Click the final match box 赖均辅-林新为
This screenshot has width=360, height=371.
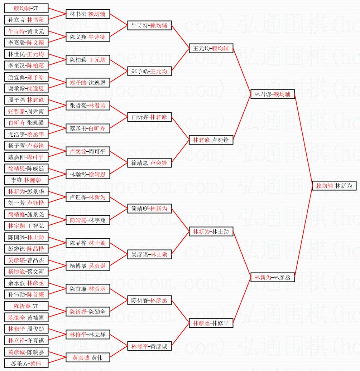coord(334,186)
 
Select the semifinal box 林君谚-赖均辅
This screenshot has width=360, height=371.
coord(273,94)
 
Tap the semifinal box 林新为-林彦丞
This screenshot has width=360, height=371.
coord(273,277)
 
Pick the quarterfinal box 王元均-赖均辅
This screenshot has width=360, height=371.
coord(211,48)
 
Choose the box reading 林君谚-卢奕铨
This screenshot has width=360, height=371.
coord(211,140)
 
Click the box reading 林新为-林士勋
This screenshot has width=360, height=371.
coord(211,231)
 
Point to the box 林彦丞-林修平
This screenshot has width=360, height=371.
coord(211,323)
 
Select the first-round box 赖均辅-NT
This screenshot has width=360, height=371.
coord(26,8)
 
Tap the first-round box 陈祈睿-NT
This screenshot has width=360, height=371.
coord(26,306)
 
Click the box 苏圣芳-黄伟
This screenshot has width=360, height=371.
coord(26,363)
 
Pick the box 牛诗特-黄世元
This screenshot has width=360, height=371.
coord(26,31)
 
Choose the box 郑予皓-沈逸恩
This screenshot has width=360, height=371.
coord(88,83)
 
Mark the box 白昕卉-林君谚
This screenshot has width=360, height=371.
coord(149,117)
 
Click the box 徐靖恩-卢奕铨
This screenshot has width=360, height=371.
coord(149,163)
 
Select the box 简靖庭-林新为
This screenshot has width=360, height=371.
coord(149,209)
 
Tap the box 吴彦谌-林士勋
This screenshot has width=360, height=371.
coord(149,254)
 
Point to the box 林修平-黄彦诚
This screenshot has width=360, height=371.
coord(149,346)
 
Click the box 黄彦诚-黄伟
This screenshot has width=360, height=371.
coord(88,357)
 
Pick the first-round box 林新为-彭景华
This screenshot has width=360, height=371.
coord(26,191)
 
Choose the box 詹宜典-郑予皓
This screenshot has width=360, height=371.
coord(26,77)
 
